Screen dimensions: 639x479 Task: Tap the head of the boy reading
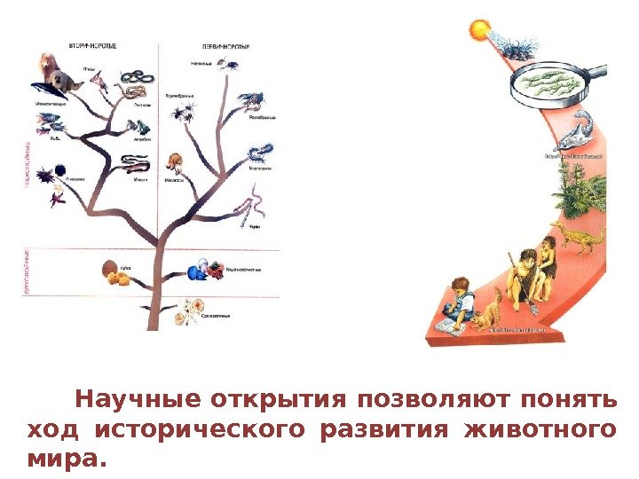tap(460, 287)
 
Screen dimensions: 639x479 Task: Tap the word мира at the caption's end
tap(60, 459)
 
